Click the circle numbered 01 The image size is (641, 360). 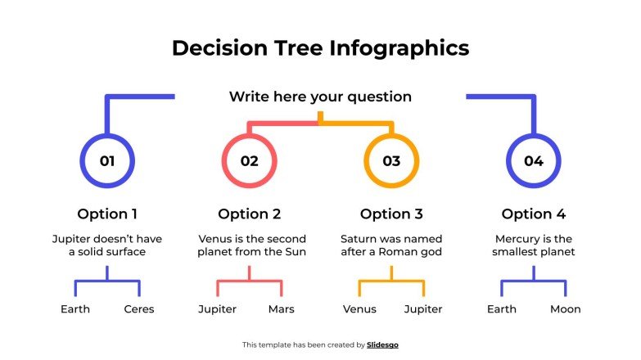click(107, 161)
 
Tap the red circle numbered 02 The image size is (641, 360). click(250, 161)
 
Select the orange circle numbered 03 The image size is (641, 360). click(391, 161)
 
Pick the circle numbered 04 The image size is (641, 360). click(534, 161)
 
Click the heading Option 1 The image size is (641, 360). click(107, 214)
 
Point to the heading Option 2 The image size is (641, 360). click(250, 214)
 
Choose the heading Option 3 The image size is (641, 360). click(391, 214)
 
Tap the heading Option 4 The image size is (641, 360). click(534, 214)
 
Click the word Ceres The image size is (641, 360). click(139, 309)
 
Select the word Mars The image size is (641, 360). click(282, 309)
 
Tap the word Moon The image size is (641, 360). click(566, 309)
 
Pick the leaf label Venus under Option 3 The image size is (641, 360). click(359, 309)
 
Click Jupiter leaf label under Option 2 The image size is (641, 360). click(218, 309)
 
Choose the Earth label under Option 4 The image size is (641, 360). click(502, 309)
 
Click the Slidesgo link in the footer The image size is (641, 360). click(383, 345)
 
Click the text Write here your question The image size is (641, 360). click(320, 97)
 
